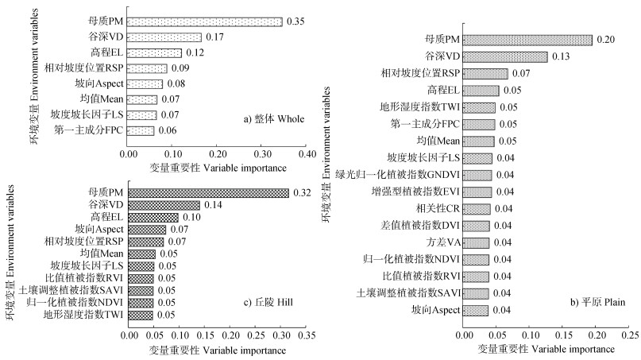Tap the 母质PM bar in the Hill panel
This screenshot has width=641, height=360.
click(x=209, y=192)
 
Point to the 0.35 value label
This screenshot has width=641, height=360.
click(x=295, y=21)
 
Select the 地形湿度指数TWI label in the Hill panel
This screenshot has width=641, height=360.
click(x=84, y=315)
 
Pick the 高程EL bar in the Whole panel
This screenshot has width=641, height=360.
click(x=154, y=52)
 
